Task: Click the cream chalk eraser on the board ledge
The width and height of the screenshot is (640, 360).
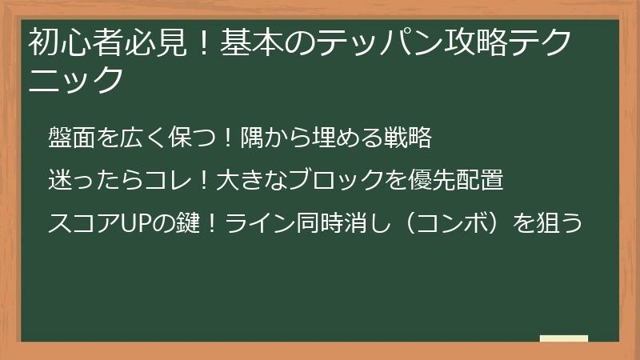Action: click(x=563, y=338)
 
